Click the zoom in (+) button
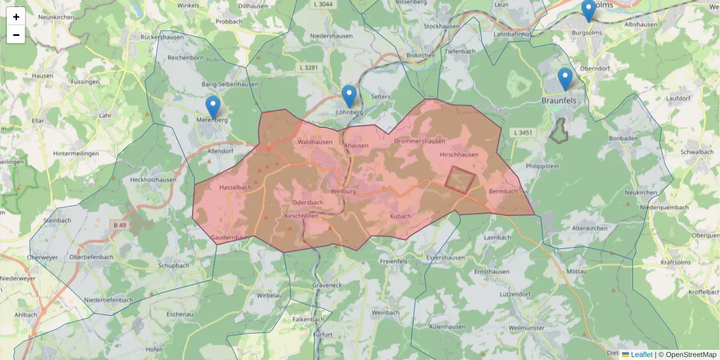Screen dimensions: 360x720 click(x=16, y=16)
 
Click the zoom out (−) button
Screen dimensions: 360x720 click(x=16, y=35)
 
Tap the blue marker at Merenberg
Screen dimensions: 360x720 click(x=212, y=107)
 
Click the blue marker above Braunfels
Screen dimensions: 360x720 click(x=565, y=79)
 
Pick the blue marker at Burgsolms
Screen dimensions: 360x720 click(x=589, y=10)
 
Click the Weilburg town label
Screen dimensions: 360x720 click(x=343, y=191)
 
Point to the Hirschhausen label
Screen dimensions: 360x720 click(x=459, y=155)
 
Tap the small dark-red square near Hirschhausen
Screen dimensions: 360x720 click(x=460, y=180)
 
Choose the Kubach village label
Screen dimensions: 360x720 click(x=400, y=216)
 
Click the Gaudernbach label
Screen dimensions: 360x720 click(x=230, y=238)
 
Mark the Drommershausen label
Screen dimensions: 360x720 click(x=419, y=142)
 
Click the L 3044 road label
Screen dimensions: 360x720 click(x=322, y=4)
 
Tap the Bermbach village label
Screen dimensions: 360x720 click(x=503, y=191)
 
